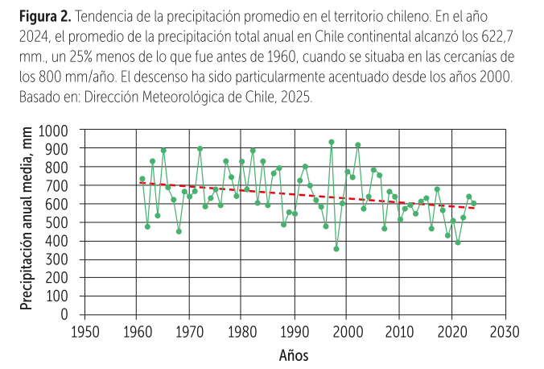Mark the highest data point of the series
pyautogui.click(x=331, y=142)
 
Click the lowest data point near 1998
pyautogui.click(x=336, y=249)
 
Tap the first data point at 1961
pyautogui.click(x=142, y=179)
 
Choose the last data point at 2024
pyautogui.click(x=473, y=203)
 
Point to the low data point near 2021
pyautogui.click(x=458, y=243)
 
